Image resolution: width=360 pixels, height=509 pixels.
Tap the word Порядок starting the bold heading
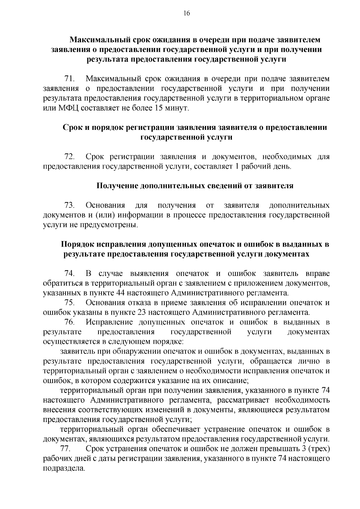click(79, 244)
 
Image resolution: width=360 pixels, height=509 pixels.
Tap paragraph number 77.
click(65, 449)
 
